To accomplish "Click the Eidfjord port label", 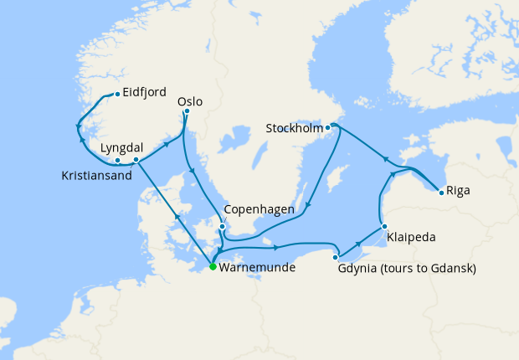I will click(144, 93).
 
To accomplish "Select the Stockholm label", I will click(293, 129).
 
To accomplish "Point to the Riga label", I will click(458, 190).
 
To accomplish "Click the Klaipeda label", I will click(411, 238).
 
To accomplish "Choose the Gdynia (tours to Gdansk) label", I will click(407, 269).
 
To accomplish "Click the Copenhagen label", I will click(259, 210).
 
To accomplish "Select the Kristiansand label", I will click(98, 176).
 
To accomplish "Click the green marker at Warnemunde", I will click(213, 267).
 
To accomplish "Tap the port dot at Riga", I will click(441, 193).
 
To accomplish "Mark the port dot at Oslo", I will click(187, 111).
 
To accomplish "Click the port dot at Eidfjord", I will click(116, 94).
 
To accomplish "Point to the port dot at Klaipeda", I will click(383, 226).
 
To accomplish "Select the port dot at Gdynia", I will click(335, 256).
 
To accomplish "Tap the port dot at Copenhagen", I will click(222, 226).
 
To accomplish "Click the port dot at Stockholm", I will click(328, 127).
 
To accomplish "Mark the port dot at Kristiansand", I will click(118, 160).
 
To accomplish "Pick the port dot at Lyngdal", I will click(136, 158).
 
